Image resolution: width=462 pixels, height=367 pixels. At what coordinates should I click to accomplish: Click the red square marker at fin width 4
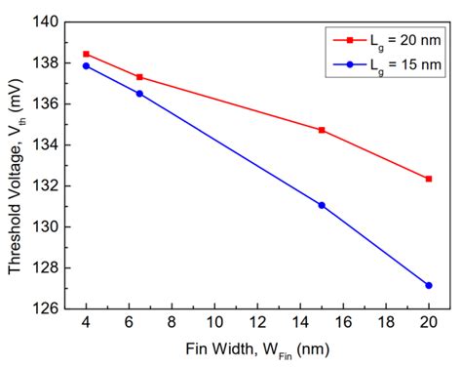(86, 54)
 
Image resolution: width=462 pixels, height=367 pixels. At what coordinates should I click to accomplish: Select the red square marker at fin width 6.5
(139, 77)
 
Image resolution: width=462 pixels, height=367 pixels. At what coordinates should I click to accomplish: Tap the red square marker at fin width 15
(322, 130)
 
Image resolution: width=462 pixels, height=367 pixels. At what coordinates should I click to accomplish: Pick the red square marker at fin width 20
(429, 179)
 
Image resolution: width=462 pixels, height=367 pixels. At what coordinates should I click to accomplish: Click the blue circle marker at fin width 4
(86, 65)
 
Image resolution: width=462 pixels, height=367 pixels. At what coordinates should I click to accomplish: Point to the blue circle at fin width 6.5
(139, 94)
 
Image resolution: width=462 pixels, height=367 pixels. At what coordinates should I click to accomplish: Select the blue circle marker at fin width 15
(322, 205)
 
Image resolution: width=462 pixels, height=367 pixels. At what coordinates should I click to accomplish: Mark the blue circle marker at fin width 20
(429, 285)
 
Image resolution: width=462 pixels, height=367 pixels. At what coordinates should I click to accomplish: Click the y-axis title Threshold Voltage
(17, 164)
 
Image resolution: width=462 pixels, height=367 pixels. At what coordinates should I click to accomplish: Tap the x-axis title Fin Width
(257, 348)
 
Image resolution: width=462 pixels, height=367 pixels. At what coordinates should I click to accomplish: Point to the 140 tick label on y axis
(45, 21)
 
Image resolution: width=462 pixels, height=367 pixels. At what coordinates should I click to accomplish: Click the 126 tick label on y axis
(45, 308)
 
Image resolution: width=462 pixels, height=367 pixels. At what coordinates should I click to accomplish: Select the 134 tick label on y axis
(45, 144)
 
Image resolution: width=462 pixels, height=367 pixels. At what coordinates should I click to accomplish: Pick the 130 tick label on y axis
(45, 226)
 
